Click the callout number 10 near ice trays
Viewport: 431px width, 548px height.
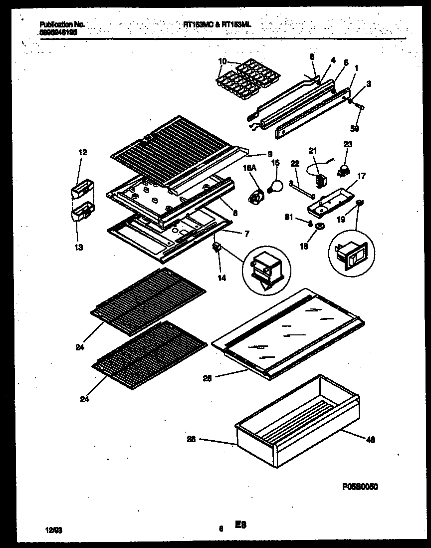pos(222,61)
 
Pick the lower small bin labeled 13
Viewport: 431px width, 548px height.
pos(82,213)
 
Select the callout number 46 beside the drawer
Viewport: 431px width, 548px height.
pos(370,440)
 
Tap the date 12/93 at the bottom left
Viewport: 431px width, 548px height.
pos(50,526)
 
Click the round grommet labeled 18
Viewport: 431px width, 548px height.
pos(318,227)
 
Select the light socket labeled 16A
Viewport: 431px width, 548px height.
pos(257,196)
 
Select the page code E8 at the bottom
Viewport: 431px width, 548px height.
pos(241,525)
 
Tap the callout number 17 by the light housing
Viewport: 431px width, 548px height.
pos(362,175)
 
